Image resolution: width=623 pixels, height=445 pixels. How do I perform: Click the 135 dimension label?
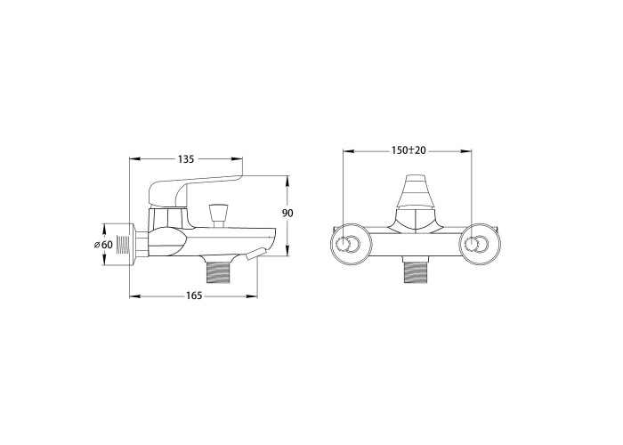pyautogui.click(x=186, y=159)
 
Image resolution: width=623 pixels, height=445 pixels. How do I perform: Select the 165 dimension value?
pyautogui.click(x=194, y=296)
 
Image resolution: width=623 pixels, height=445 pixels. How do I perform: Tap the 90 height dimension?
pyautogui.click(x=287, y=214)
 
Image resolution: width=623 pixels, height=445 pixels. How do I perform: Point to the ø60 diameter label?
pyautogui.click(x=103, y=245)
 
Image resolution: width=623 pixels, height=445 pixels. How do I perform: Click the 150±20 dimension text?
pyautogui.click(x=408, y=150)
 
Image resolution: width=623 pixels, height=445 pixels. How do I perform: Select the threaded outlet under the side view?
pyautogui.click(x=219, y=270)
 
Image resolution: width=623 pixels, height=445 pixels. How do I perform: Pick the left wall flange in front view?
pyautogui.click(x=352, y=244)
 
